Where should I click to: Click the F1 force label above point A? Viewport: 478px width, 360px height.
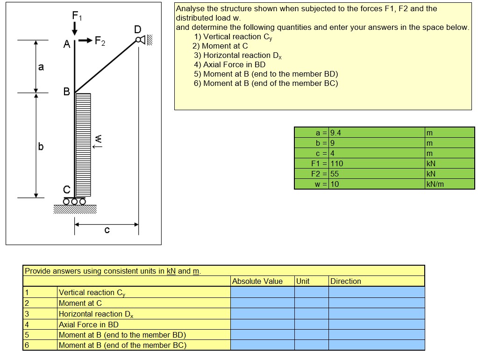coord(76,15)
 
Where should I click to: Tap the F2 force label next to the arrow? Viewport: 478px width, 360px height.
coord(100,41)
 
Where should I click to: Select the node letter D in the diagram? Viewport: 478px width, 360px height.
coord(137,30)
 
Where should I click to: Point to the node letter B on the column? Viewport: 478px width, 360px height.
coord(66,92)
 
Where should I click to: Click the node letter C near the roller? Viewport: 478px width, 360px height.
coord(66,190)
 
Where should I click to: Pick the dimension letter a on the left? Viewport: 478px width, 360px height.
coord(41,67)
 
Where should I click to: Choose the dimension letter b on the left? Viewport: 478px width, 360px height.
coord(41,147)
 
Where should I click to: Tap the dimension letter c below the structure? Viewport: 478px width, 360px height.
coord(107,230)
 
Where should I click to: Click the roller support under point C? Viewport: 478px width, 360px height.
coord(75,202)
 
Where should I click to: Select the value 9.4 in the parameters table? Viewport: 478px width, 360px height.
coord(336,132)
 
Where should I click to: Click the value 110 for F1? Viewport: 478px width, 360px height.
coord(337,163)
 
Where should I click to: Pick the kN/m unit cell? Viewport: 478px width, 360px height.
coord(435,184)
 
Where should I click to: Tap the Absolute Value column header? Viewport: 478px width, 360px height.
coord(257,281)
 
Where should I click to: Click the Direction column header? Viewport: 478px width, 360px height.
coord(346,281)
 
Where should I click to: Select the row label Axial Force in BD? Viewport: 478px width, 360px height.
coord(89,325)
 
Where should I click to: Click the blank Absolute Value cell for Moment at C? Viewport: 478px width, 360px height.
coord(262,303)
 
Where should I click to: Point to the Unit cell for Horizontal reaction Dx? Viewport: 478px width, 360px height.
coord(311,314)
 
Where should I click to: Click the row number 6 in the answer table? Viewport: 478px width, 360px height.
coord(27,345)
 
